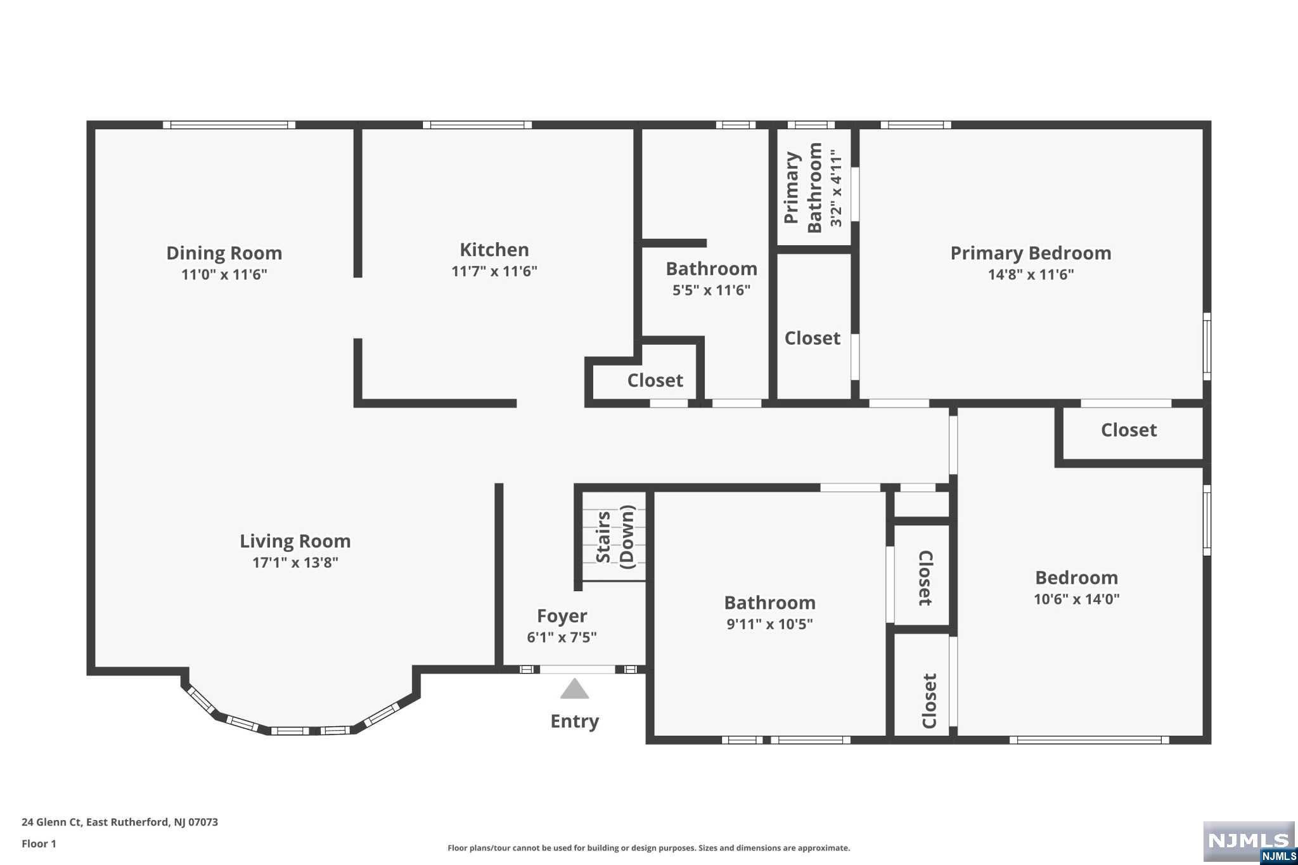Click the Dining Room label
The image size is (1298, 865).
[x=224, y=253]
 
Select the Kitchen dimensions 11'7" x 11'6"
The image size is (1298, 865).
[x=494, y=271]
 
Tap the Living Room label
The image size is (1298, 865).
[x=295, y=541]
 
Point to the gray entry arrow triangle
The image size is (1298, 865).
[x=575, y=688]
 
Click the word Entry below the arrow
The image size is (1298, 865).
[x=575, y=721]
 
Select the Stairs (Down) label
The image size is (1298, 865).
[x=615, y=537]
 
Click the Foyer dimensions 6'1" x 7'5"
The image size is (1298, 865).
[x=562, y=637]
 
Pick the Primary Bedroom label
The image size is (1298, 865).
[x=1031, y=253]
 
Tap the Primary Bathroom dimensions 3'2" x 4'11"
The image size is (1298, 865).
[x=837, y=188]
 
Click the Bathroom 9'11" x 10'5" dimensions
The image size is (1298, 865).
[x=770, y=624]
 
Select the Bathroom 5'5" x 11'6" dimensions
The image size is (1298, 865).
[x=712, y=290]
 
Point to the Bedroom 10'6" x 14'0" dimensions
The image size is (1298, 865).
[x=1077, y=599]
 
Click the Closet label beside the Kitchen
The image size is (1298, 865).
[x=655, y=380]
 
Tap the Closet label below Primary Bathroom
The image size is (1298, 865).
[x=813, y=338]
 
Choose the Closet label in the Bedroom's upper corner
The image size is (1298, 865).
[x=1129, y=430]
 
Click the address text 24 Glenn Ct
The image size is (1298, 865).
[x=52, y=822]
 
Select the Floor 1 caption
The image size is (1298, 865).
[x=39, y=843]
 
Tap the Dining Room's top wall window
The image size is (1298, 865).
[x=229, y=125]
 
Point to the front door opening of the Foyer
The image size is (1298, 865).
[x=577, y=669]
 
